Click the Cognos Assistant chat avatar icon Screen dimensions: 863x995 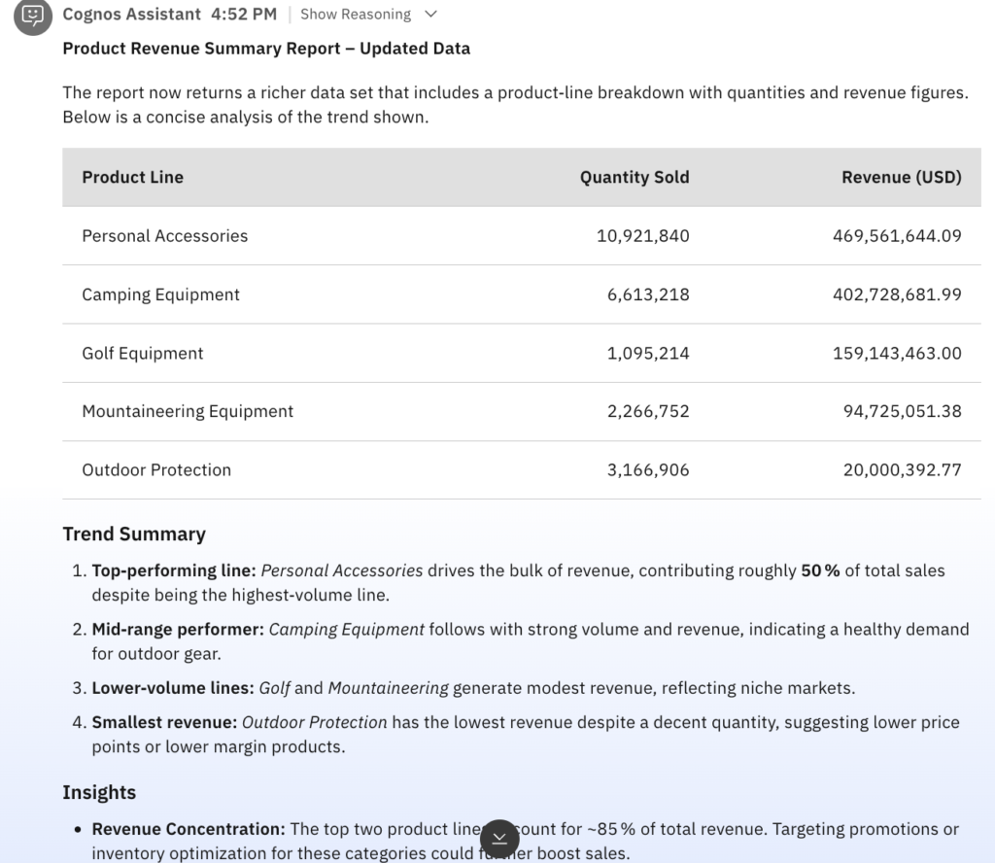(x=33, y=16)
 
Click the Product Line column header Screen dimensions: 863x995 (x=133, y=177)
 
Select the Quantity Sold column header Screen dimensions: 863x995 (x=635, y=177)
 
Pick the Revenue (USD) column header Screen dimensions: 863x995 (x=901, y=177)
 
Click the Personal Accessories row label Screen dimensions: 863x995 (x=165, y=236)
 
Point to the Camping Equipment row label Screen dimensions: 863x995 (x=161, y=294)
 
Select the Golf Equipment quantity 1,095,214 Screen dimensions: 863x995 (x=648, y=353)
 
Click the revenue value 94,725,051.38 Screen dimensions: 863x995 (x=902, y=411)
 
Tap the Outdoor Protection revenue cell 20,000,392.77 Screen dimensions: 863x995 (x=902, y=469)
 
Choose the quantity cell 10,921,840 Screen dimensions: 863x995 (x=642, y=236)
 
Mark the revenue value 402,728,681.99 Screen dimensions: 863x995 (x=897, y=294)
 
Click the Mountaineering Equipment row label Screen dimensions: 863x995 (x=188, y=411)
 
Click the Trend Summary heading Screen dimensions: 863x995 (x=134, y=534)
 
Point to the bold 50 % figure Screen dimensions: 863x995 (x=820, y=570)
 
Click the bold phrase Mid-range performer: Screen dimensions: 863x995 (x=178, y=629)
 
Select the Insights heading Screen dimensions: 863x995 (x=99, y=792)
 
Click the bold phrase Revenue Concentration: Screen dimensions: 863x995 (x=189, y=829)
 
